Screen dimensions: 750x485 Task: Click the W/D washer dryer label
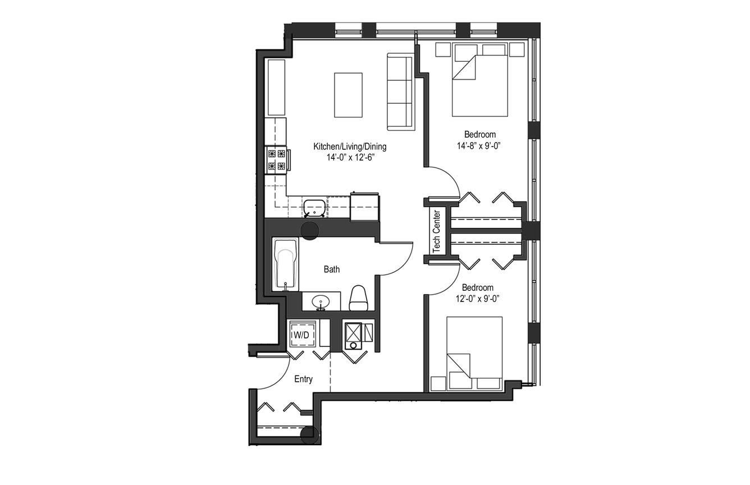[301, 335]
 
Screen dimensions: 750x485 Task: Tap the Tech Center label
[436, 231]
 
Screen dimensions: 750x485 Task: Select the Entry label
[303, 379]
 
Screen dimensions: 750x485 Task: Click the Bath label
[331, 269]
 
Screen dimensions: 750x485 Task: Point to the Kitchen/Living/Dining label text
[350, 147]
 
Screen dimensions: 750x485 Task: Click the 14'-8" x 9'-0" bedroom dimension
[479, 145]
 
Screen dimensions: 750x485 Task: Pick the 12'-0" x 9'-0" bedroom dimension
[478, 298]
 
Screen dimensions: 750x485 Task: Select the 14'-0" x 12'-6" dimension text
[350, 157]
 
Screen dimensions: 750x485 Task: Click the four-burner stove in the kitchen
[277, 160]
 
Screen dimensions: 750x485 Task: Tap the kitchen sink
[314, 208]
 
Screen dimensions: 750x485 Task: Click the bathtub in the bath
[286, 264]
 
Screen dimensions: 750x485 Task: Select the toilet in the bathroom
[358, 298]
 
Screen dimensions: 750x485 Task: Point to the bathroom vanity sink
[321, 302]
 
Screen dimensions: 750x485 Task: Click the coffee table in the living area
[348, 95]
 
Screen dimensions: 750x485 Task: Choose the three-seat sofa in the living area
[401, 91]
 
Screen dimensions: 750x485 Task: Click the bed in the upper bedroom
[480, 80]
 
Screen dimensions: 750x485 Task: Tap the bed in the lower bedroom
[474, 354]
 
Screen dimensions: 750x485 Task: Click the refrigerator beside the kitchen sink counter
[365, 207]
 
